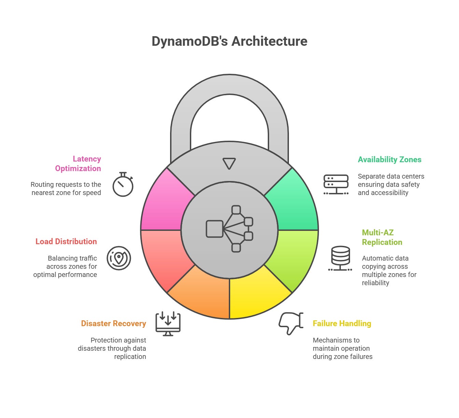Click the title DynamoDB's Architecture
(229, 41)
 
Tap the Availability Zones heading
(389, 159)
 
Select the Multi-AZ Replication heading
(382, 237)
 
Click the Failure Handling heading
(342, 323)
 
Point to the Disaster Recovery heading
(113, 323)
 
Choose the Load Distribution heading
(66, 241)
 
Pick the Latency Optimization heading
(78, 164)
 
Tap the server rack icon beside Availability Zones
(336, 185)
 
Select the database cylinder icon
(340, 258)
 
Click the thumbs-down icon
(291, 323)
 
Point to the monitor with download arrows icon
(168, 323)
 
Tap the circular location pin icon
(119, 258)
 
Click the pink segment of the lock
(164, 205)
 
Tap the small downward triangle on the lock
(229, 163)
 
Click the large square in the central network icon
(214, 229)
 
